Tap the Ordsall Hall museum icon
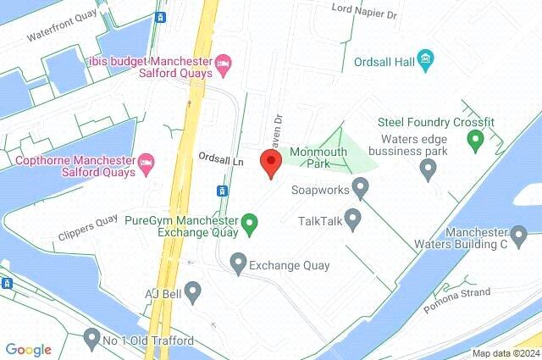pos(426,60)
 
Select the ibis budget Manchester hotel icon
pos(224,62)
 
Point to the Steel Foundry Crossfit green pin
pos(475,138)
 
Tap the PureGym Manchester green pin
pos(249,224)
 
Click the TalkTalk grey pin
pos(353,221)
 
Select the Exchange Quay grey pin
pos(239,265)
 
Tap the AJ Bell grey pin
pos(193,293)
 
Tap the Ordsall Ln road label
pos(220,158)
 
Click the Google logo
pos(28,350)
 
